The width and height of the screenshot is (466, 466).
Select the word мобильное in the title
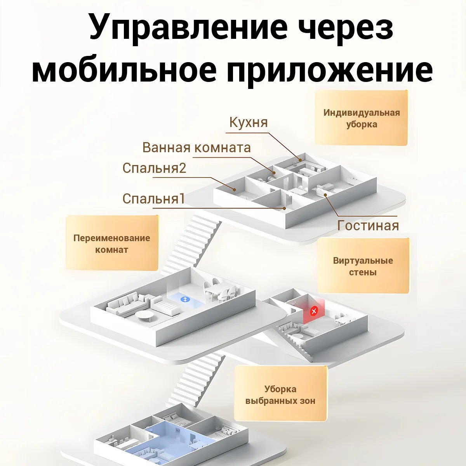(124, 71)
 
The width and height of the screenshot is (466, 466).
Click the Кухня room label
(249, 122)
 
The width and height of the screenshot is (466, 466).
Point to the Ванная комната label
(196, 148)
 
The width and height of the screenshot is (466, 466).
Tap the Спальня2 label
(154, 168)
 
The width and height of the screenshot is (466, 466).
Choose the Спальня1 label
(153, 199)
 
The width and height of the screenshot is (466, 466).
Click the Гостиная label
(368, 226)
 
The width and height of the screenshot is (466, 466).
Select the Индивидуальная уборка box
(361, 118)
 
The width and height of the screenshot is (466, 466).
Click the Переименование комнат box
(112, 243)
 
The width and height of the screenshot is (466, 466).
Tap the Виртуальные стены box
(363, 266)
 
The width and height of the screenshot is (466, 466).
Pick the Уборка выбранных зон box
(280, 395)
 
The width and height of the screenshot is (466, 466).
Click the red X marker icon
(314, 311)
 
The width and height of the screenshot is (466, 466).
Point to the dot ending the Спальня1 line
(285, 209)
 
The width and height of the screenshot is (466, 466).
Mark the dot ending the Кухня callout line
(300, 159)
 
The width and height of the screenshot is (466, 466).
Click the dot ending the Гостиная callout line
(325, 195)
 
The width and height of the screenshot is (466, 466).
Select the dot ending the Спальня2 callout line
(234, 190)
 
